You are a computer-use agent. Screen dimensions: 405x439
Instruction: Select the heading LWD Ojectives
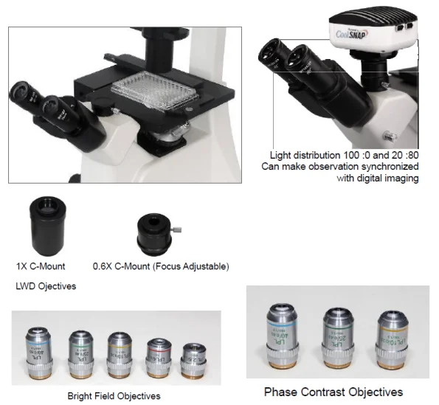pyautogui.click(x=45, y=285)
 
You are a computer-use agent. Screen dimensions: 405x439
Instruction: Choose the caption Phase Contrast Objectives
pyautogui.click(x=333, y=392)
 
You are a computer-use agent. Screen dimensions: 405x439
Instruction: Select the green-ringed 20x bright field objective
pyautogui.click(x=81, y=347)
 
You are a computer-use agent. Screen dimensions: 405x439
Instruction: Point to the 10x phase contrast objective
pyautogui.click(x=392, y=339)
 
